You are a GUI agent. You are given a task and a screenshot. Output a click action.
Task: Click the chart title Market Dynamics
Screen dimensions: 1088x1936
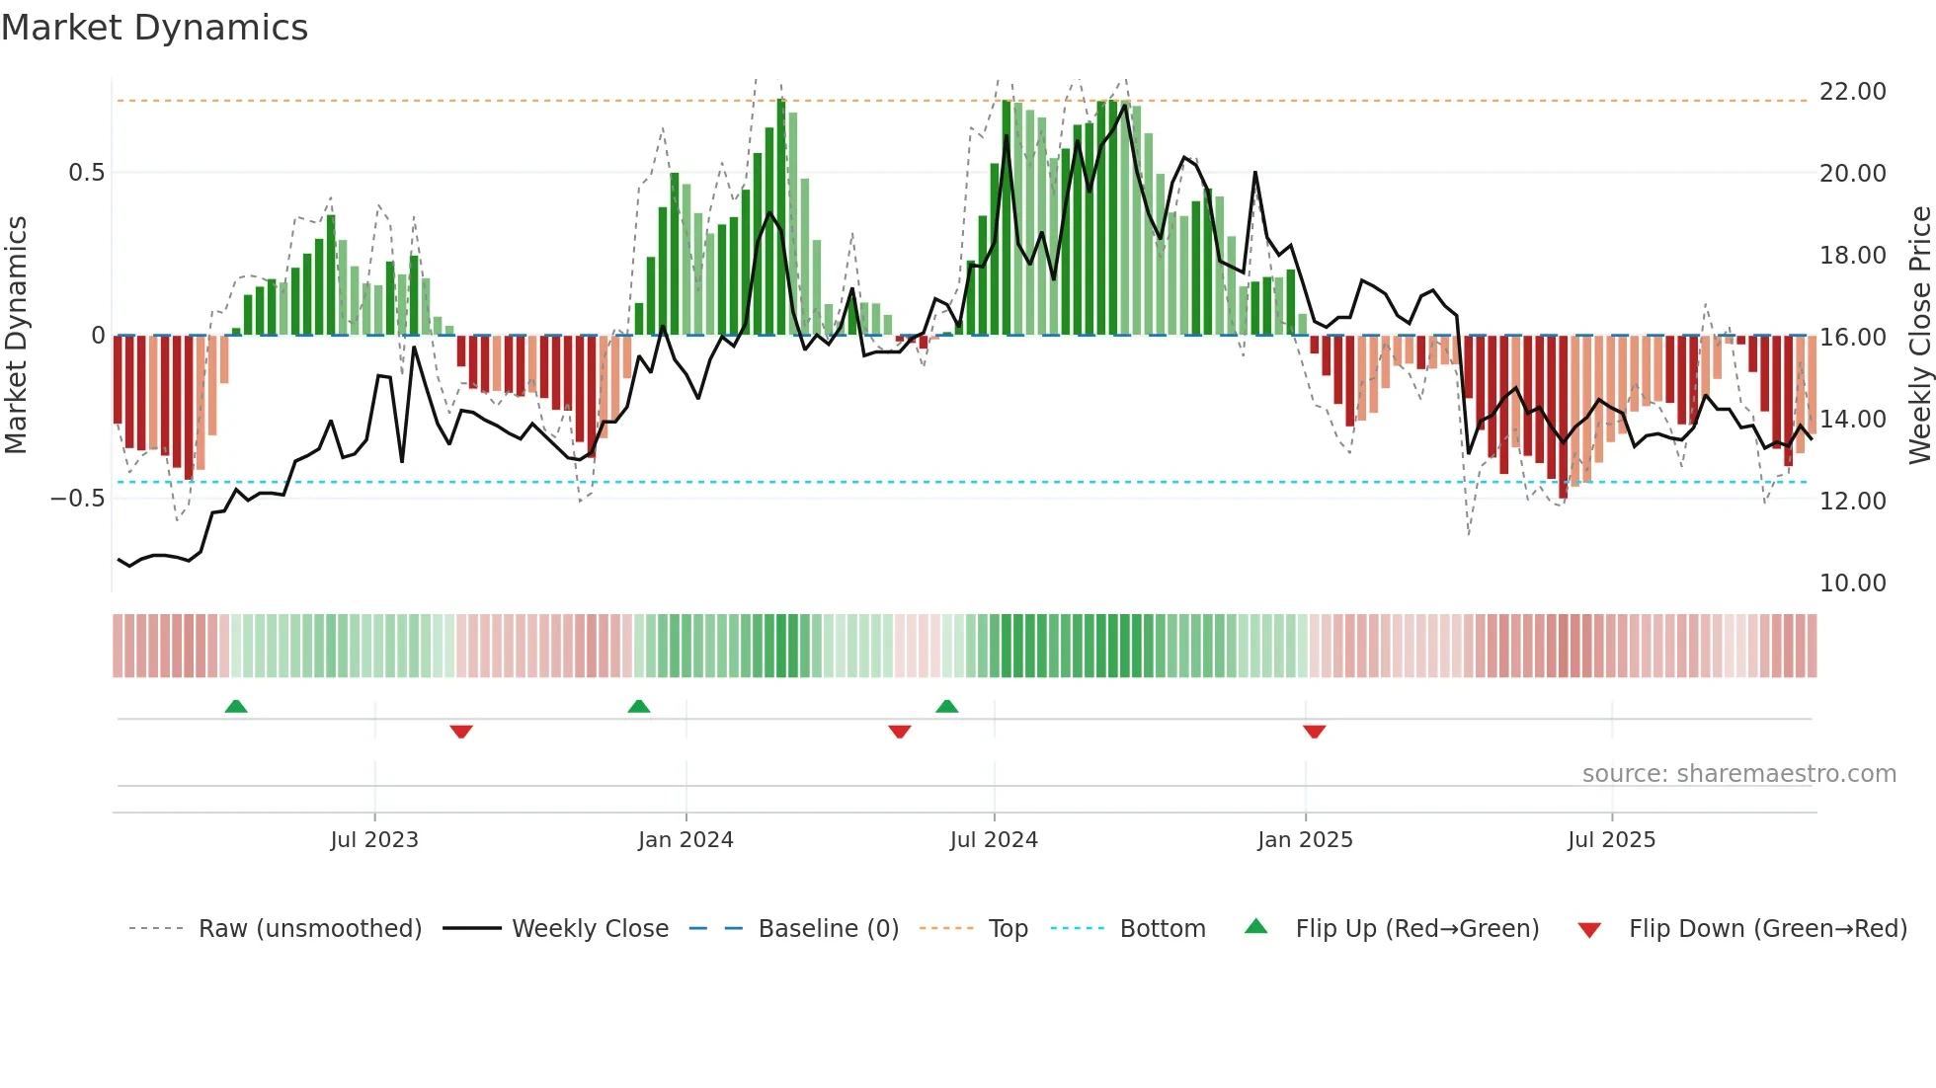click(x=155, y=28)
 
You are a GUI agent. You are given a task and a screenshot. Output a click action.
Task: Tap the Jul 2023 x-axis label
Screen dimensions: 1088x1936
click(x=374, y=840)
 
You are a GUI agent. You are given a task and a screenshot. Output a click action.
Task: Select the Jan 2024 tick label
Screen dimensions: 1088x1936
click(x=686, y=840)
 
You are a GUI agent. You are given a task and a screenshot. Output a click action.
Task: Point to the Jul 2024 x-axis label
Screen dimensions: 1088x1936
click(x=994, y=840)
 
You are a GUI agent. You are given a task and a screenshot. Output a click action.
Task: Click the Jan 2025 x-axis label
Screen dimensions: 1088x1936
click(x=1305, y=840)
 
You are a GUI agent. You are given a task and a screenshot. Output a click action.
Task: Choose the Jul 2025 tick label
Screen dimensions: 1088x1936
click(x=1611, y=840)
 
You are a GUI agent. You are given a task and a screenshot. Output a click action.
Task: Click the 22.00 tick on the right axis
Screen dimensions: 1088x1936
click(x=1852, y=92)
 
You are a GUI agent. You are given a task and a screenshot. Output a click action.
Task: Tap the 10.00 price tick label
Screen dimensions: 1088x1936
click(x=1852, y=583)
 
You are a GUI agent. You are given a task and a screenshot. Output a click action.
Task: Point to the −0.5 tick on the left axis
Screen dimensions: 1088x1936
click(x=77, y=499)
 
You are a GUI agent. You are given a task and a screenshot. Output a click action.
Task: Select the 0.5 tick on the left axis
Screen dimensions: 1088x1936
click(x=86, y=173)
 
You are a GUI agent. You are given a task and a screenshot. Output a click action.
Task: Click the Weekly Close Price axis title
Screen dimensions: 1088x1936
click(x=1919, y=336)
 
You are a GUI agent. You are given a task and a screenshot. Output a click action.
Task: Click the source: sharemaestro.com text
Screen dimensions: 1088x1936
click(x=1738, y=774)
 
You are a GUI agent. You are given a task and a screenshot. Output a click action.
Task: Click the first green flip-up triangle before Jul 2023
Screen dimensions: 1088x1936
click(x=236, y=706)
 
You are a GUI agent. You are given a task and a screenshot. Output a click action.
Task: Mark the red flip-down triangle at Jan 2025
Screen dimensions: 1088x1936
click(x=1314, y=732)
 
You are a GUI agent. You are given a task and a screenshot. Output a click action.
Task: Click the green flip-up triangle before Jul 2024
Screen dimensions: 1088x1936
click(x=946, y=706)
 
